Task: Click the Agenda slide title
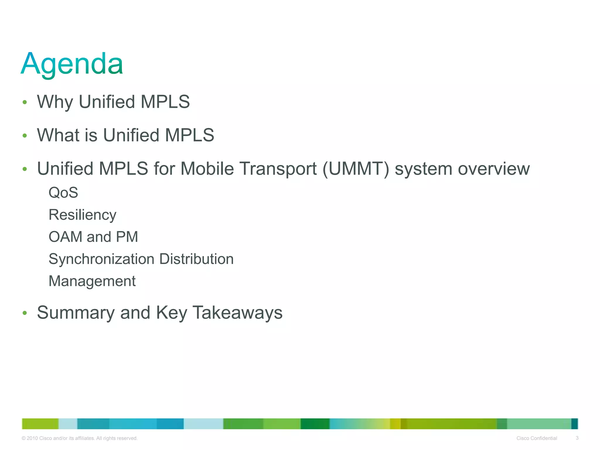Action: tap(72, 64)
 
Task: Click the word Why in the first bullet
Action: tap(55, 102)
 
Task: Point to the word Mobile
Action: tap(207, 169)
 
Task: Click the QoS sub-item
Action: tap(63, 193)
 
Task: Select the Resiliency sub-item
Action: tap(82, 215)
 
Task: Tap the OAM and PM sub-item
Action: tap(93, 237)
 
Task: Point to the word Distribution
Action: tap(196, 259)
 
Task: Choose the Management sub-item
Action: tap(92, 281)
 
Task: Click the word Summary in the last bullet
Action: tap(76, 313)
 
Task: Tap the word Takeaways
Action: tap(238, 313)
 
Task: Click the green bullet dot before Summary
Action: tap(25, 313)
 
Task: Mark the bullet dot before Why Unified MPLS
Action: tap(25, 102)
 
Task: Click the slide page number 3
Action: tap(577, 438)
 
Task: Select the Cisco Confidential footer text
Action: tap(537, 438)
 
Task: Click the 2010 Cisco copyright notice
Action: tap(80, 438)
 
